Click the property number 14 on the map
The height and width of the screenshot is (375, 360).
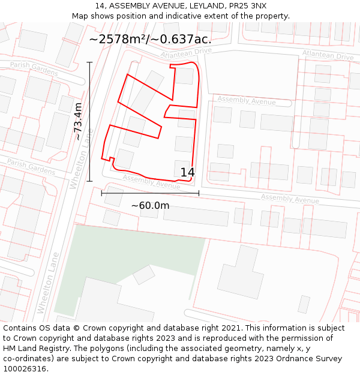[x=188, y=173]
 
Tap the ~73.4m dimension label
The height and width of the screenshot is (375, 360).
[x=78, y=121]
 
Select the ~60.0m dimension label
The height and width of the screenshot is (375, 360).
[x=150, y=206]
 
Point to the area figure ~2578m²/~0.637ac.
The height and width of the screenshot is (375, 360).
[x=150, y=40]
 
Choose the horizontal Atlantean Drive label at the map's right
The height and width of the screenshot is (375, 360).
[x=328, y=56]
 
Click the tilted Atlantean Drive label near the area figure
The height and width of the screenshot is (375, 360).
[x=187, y=53]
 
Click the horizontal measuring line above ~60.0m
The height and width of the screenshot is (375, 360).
[x=150, y=193]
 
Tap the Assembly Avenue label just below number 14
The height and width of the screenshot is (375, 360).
[x=151, y=182]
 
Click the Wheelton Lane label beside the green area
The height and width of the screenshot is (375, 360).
[x=47, y=282]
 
